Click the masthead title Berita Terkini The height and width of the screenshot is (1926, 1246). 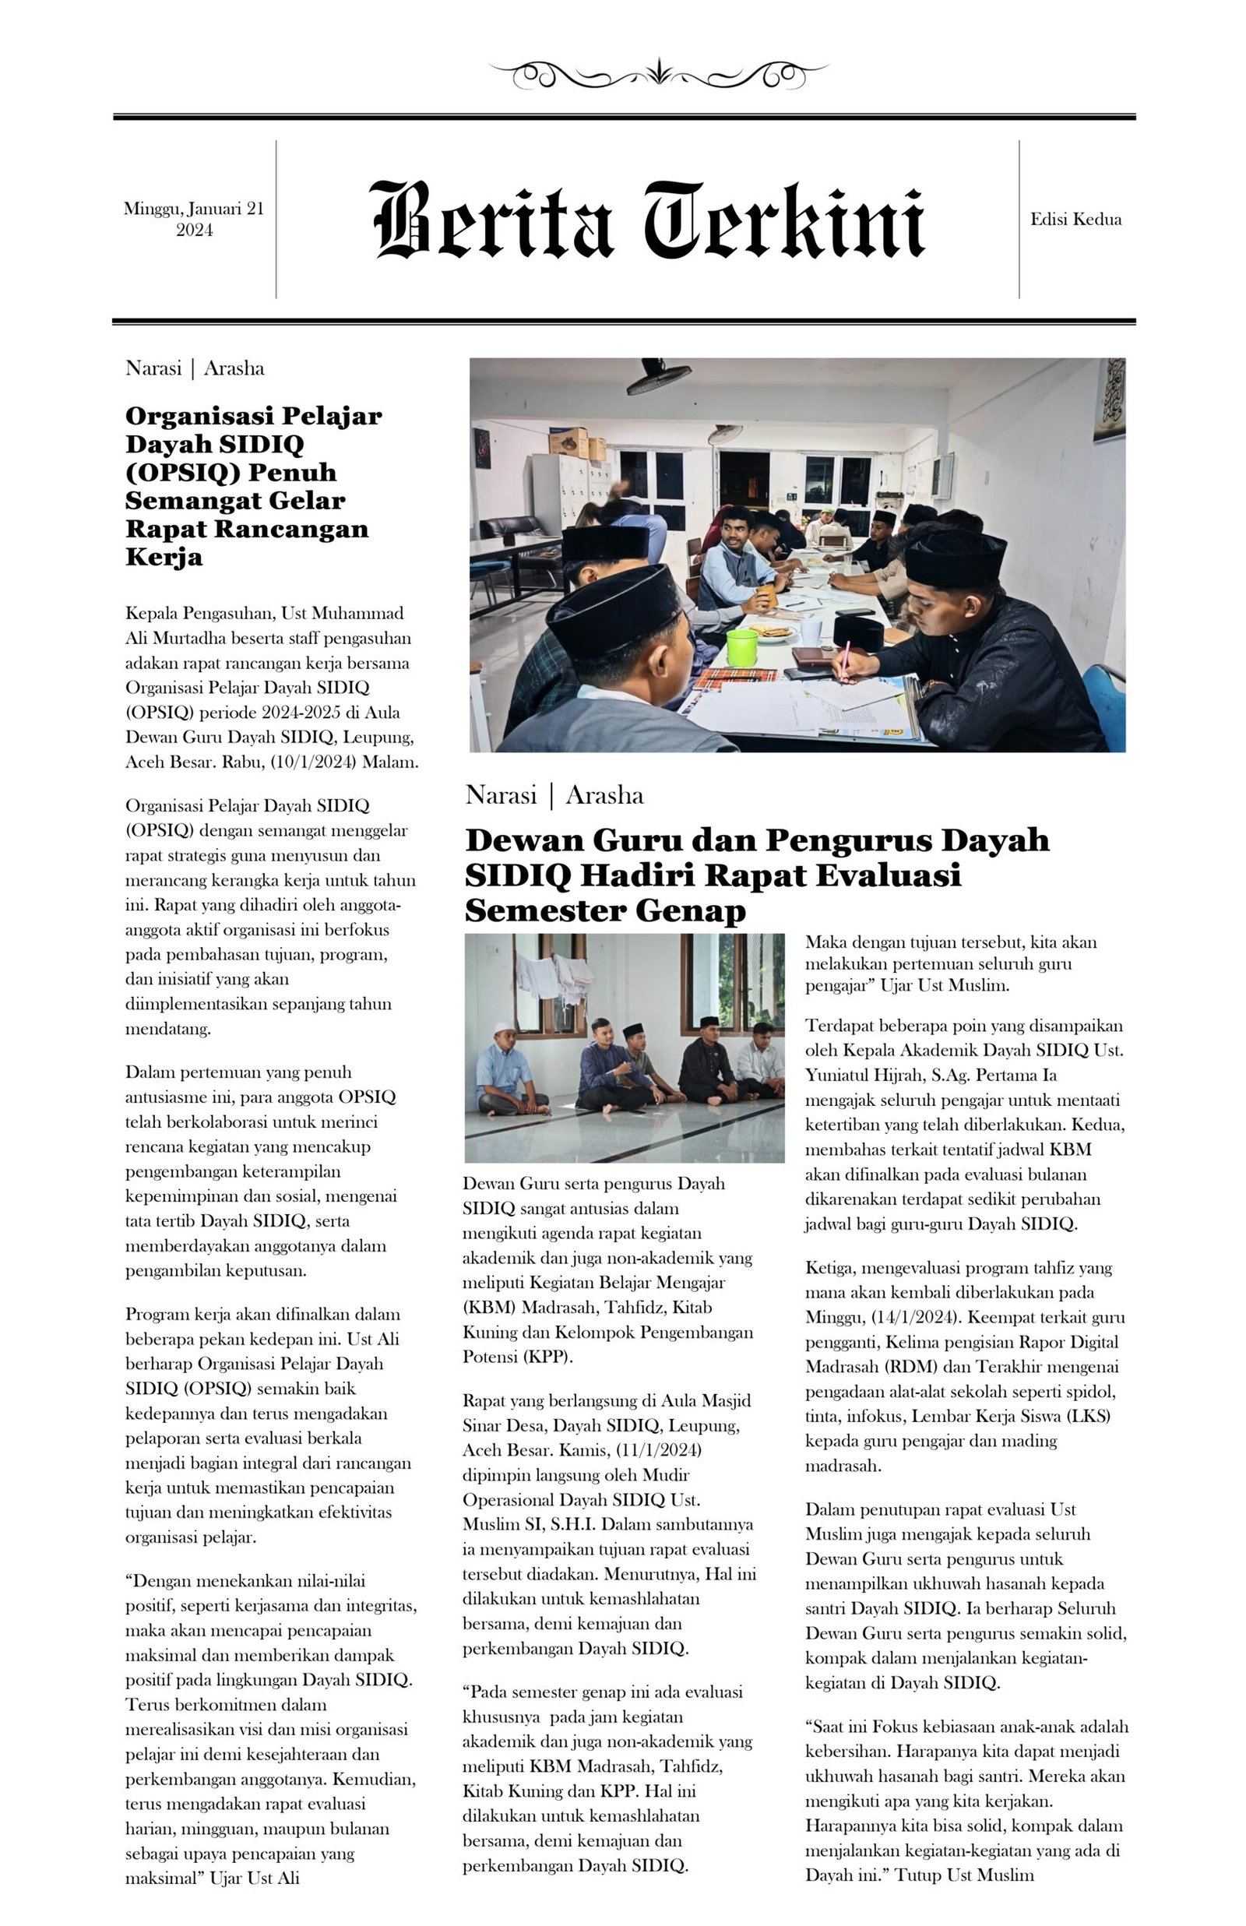647,220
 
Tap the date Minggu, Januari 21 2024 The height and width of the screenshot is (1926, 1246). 194,219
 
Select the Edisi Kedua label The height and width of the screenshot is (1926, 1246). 1075,219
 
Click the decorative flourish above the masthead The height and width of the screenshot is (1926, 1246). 660,75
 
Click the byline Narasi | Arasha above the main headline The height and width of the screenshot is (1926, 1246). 554,795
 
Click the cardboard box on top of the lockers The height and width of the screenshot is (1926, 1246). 569,441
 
